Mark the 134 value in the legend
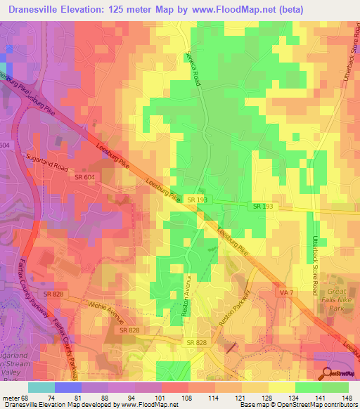click(x=292, y=398)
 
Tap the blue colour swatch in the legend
click(x=67, y=387)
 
